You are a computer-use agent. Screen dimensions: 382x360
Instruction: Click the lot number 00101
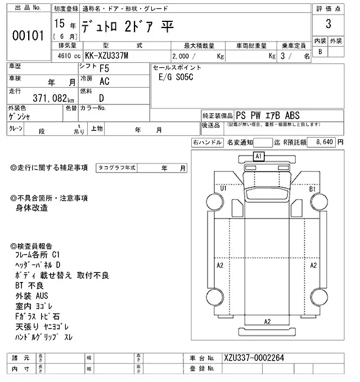28,35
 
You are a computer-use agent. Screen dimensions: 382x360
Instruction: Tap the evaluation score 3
328,25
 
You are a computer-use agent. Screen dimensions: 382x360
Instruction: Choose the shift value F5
104,69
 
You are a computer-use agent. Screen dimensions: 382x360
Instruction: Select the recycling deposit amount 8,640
325,143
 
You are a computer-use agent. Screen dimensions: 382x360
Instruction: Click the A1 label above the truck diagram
259,156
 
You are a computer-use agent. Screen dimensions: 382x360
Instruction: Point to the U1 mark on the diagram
223,189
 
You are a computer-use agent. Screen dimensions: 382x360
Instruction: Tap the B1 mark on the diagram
313,189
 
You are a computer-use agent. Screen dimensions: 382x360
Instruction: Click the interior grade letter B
320,52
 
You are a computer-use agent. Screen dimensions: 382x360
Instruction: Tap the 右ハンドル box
207,143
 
